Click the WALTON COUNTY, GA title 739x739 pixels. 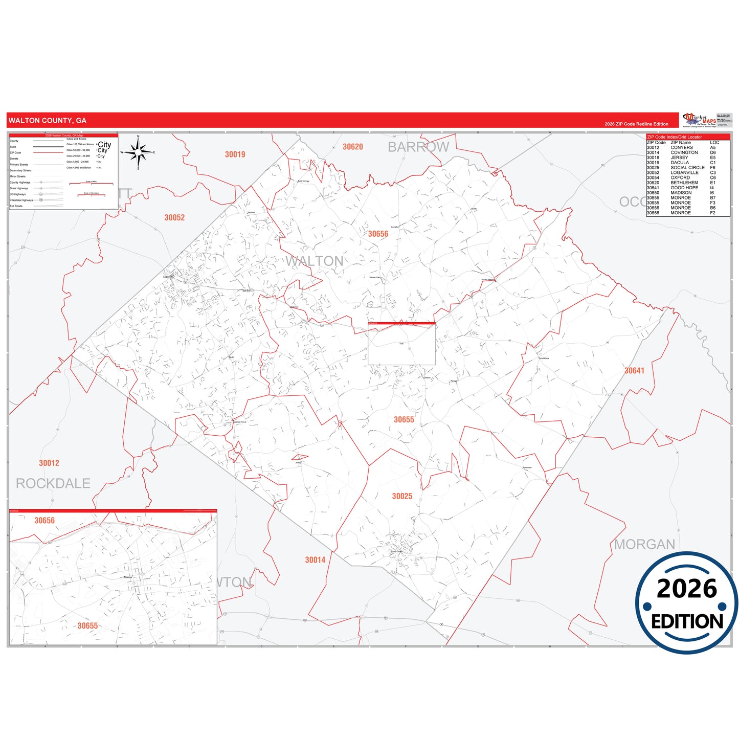[x=48, y=121]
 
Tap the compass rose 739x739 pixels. [x=138, y=152]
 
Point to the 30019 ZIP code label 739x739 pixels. [x=235, y=154]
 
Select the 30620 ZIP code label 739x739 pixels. [x=353, y=147]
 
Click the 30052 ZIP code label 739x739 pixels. [x=174, y=218]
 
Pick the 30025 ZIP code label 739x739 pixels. [x=402, y=496]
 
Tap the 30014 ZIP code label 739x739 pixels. [x=315, y=560]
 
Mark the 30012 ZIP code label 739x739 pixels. [x=49, y=463]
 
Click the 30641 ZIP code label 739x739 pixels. [x=634, y=371]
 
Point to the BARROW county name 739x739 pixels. [x=418, y=147]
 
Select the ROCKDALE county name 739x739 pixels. [x=53, y=483]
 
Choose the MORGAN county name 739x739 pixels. [x=644, y=544]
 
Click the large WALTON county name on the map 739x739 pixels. [x=315, y=261]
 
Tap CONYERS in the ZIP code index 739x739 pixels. [x=682, y=147]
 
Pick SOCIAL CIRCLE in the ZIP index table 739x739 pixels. [x=687, y=168]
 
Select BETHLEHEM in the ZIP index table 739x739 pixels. [x=684, y=183]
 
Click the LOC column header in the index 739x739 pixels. [x=714, y=143]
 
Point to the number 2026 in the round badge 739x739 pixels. [x=687, y=589]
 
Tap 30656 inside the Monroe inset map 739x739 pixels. [x=44, y=521]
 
